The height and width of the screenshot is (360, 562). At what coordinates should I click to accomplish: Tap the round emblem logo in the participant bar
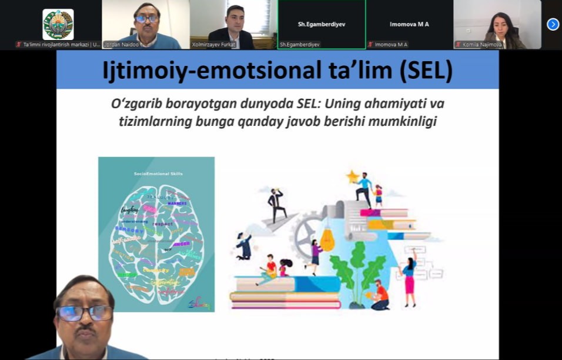click(58, 24)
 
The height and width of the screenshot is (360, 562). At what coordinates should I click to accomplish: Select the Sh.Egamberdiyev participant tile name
click(321, 24)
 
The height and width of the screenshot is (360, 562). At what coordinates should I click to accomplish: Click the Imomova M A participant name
click(409, 24)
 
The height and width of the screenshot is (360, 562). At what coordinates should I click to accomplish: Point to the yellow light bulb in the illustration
click(327, 238)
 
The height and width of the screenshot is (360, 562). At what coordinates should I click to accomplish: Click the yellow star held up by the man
click(353, 176)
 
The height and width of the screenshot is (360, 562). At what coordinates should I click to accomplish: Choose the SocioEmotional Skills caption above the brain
click(156, 175)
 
